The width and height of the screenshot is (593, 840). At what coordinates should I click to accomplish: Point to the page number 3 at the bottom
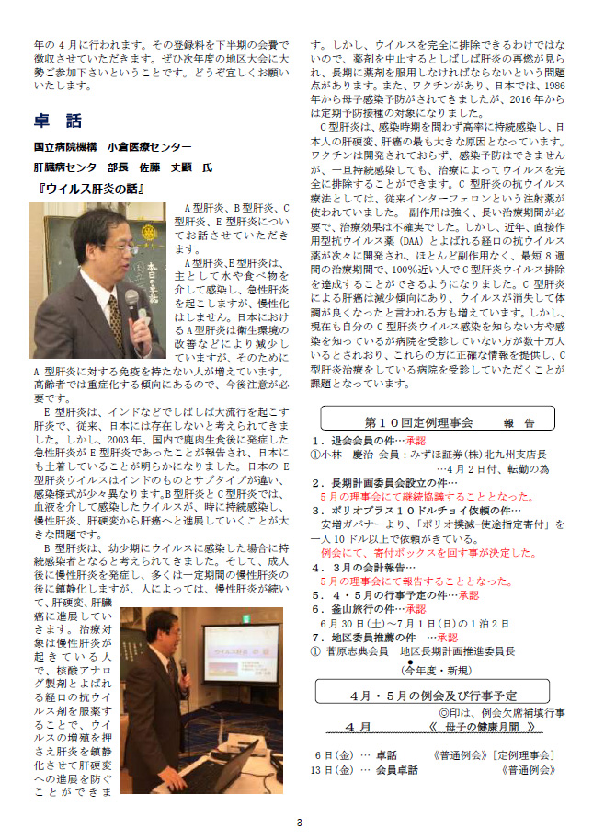pos(298,822)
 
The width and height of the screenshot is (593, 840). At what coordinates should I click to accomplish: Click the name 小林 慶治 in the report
pos(344,454)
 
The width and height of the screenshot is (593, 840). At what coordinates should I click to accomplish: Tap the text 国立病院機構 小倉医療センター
pos(113,147)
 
